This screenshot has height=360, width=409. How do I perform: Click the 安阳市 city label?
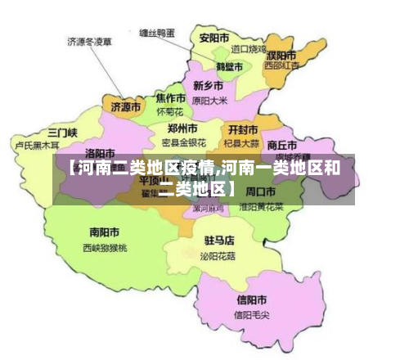pos(213,38)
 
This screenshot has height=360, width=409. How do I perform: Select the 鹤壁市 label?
pos(229,66)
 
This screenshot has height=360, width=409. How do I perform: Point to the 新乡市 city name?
pos(209,85)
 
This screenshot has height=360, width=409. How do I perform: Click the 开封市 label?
pos(243,129)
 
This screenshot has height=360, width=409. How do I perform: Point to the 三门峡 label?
pos(62,132)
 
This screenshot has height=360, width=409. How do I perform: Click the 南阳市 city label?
pos(104,232)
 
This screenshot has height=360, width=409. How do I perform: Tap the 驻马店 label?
pos(218,241)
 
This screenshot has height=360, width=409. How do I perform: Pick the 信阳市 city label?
pos(251,299)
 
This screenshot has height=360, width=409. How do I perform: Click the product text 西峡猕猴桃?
pos(105,246)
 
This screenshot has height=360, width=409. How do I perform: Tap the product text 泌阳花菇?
pos(218,255)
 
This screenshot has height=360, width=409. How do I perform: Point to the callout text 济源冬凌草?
pos(89,40)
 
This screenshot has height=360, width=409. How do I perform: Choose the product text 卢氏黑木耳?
pos(37,145)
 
